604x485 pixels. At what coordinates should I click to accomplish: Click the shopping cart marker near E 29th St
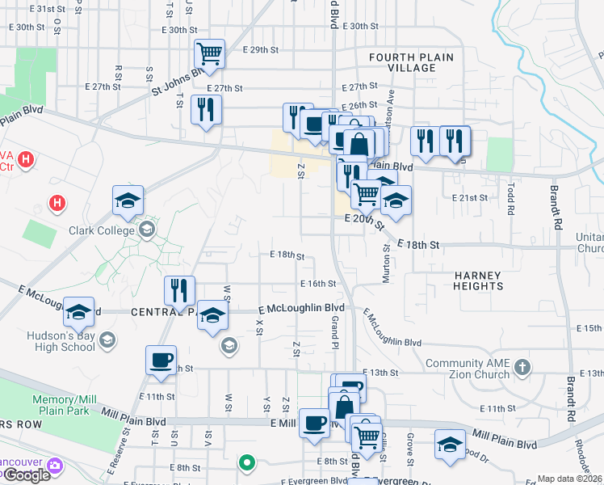point(209,55)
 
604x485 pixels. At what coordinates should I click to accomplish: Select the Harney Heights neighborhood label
point(477,280)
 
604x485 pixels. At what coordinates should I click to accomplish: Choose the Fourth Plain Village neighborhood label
point(411,62)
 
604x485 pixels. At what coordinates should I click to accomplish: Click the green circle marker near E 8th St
point(247,463)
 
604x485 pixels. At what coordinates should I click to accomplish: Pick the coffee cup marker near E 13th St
point(161,360)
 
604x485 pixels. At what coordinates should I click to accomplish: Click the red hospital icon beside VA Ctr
point(27,159)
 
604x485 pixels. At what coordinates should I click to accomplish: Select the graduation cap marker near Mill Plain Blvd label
point(450,445)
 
